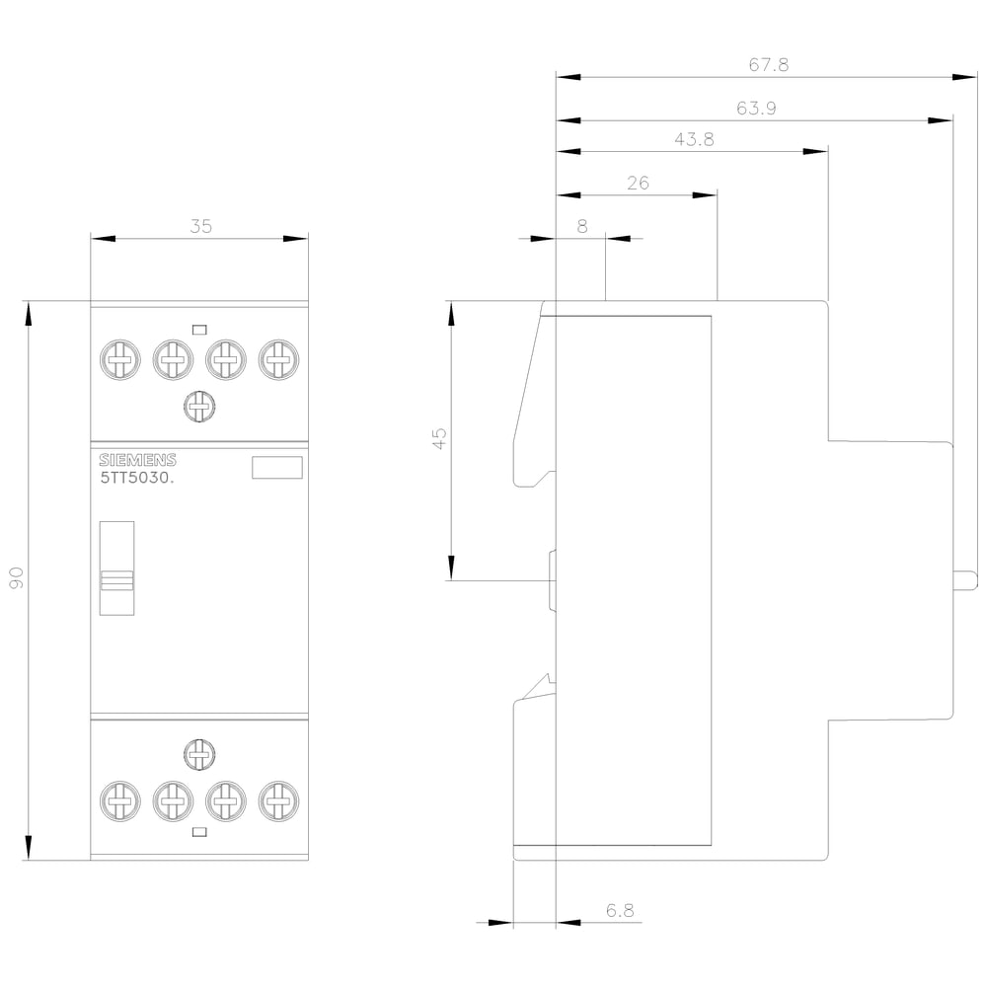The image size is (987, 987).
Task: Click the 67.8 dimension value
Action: pos(769,65)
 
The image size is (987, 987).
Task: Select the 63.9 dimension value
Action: pos(756,109)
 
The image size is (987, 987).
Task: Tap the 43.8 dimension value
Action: pos(695,139)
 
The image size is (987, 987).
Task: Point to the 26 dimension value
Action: pos(639,183)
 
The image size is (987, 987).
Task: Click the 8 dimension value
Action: pos(582,226)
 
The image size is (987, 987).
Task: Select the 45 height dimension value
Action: pos(439,439)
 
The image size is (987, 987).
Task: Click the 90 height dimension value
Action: pos(17,579)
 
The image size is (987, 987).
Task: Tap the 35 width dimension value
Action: pos(200,226)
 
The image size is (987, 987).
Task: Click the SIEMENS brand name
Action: pos(136,460)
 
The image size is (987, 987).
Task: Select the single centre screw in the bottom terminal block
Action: pos(199,755)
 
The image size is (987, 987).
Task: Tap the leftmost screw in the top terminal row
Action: pos(118,359)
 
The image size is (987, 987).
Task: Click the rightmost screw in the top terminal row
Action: pos(278,359)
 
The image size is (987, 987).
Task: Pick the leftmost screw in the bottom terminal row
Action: pos(118,800)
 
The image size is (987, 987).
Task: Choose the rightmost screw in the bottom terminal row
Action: pos(278,800)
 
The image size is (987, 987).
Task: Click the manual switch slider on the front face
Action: pos(116,580)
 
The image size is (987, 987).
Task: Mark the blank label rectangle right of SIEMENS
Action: pos(277,468)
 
